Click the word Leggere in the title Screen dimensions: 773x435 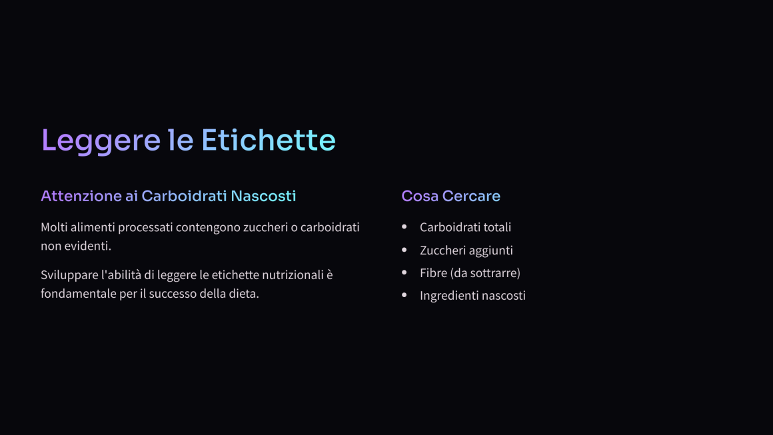tap(101, 141)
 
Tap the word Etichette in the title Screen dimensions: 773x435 tap(269, 140)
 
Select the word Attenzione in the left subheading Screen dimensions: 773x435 tap(81, 196)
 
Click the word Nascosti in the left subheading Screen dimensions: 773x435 tap(263, 196)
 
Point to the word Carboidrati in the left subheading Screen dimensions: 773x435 tap(185, 196)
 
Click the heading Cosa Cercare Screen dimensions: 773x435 tap(450, 196)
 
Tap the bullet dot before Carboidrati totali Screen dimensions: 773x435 tap(404, 226)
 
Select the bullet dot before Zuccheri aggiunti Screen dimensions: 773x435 tap(404, 250)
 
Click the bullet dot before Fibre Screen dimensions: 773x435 tap(404, 272)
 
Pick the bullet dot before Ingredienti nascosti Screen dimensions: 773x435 tap(404, 295)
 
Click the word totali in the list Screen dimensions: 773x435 tap(497, 227)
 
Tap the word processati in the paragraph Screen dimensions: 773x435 tap(145, 228)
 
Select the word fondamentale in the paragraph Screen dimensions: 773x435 tap(79, 294)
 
